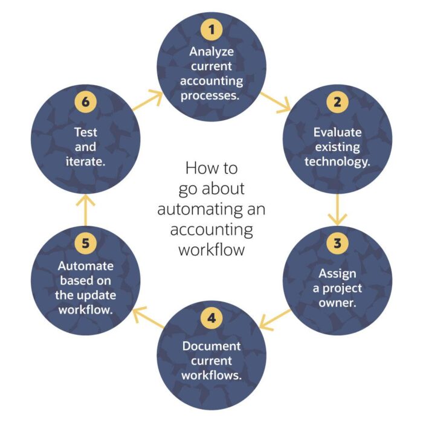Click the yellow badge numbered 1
tap(211, 28)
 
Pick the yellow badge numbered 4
tap(211, 318)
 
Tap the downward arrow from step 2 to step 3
tap(337, 208)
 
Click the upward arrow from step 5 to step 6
tap(85, 208)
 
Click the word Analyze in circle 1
tap(211, 51)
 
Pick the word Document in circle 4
tap(211, 347)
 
